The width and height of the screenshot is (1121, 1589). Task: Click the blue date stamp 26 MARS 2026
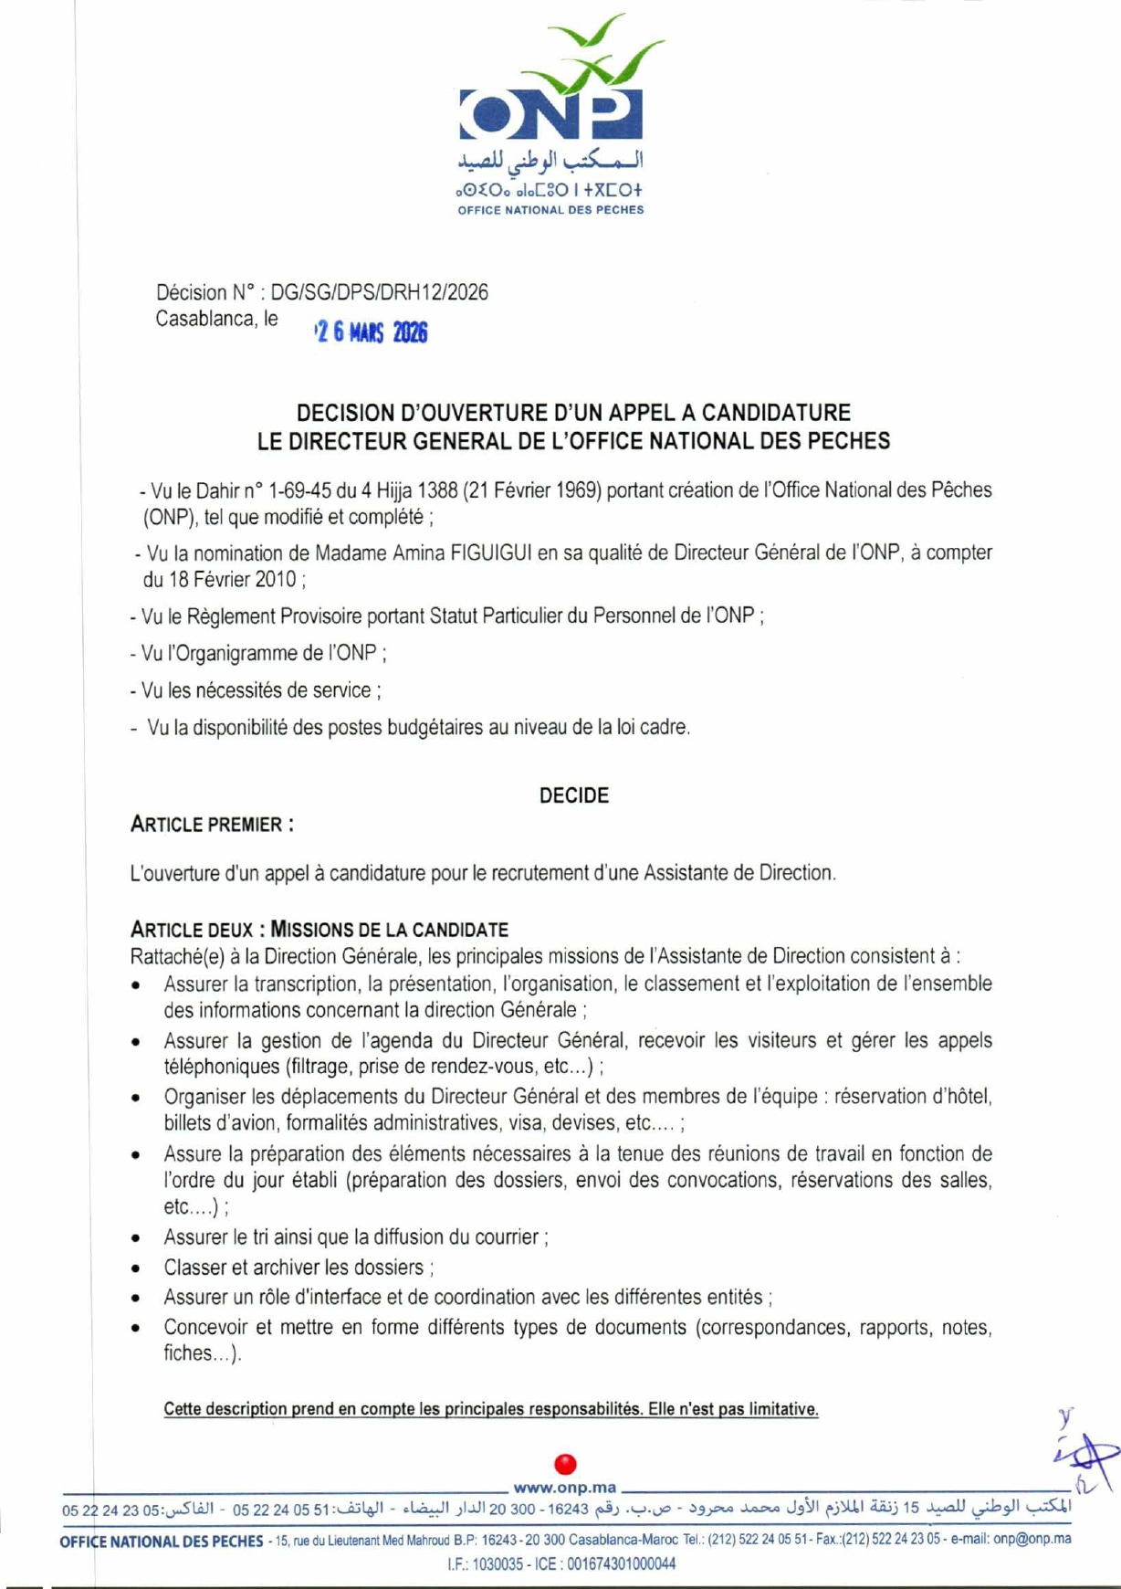click(371, 333)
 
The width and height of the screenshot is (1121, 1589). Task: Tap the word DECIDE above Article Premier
click(573, 795)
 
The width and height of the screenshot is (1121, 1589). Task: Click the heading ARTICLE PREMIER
click(212, 825)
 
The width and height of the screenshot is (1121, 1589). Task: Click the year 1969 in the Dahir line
click(575, 490)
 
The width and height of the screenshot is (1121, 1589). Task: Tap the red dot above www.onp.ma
click(565, 1464)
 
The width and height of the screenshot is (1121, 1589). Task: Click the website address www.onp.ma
click(564, 1488)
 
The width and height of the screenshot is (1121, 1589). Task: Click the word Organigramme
click(243, 654)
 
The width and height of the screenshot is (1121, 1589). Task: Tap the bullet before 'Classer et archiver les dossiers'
click(135, 1269)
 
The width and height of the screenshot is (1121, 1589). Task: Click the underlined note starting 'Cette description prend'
click(491, 1409)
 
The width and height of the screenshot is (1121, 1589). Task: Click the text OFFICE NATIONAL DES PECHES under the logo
click(550, 210)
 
